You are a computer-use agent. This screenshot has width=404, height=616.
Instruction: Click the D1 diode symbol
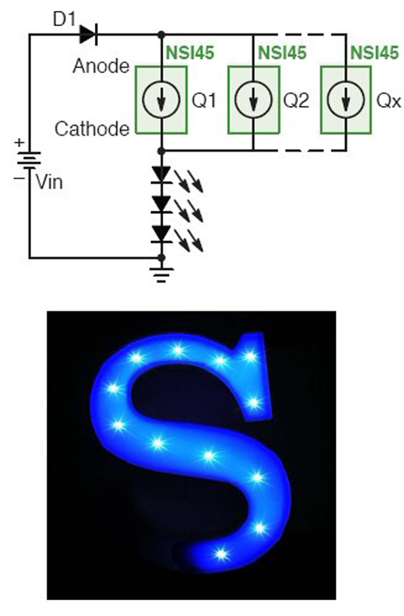pyautogui.click(x=88, y=35)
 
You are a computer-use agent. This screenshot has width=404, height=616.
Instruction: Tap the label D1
pyautogui.click(x=64, y=19)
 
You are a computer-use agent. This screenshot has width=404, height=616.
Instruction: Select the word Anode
pyautogui.click(x=101, y=66)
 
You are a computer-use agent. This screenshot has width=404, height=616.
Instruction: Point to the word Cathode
pyautogui.click(x=93, y=129)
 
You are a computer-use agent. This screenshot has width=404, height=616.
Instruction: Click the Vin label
pyautogui.click(x=49, y=182)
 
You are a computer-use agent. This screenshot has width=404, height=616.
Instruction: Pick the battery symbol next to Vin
pyautogui.click(x=29, y=160)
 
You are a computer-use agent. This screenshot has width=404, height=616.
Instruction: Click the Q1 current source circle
pyautogui.click(x=161, y=100)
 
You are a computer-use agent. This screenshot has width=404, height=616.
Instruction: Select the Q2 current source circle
pyautogui.click(x=253, y=100)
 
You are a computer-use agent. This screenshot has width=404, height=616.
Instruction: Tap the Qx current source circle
pyautogui.click(x=346, y=100)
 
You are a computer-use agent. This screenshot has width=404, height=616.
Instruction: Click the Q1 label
pyautogui.click(x=204, y=101)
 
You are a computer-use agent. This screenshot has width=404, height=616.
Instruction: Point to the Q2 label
pyautogui.click(x=296, y=101)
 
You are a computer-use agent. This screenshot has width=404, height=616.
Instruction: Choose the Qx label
pyautogui.click(x=389, y=101)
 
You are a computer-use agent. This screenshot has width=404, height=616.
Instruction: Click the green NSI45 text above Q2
pyautogui.click(x=282, y=53)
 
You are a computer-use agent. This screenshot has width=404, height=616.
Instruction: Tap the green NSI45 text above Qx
pyautogui.click(x=375, y=53)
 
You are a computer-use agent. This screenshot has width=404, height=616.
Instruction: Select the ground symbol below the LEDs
pyautogui.click(x=161, y=274)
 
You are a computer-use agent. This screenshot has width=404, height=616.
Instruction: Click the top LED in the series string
pyautogui.click(x=162, y=175)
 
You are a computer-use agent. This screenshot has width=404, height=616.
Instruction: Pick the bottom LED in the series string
pyautogui.click(x=162, y=235)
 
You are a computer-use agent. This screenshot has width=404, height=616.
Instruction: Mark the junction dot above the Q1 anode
pyautogui.click(x=161, y=35)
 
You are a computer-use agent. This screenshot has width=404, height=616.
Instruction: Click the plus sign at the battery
pyautogui.click(x=19, y=142)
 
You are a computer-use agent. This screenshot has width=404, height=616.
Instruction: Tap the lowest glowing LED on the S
pyautogui.click(x=221, y=555)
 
